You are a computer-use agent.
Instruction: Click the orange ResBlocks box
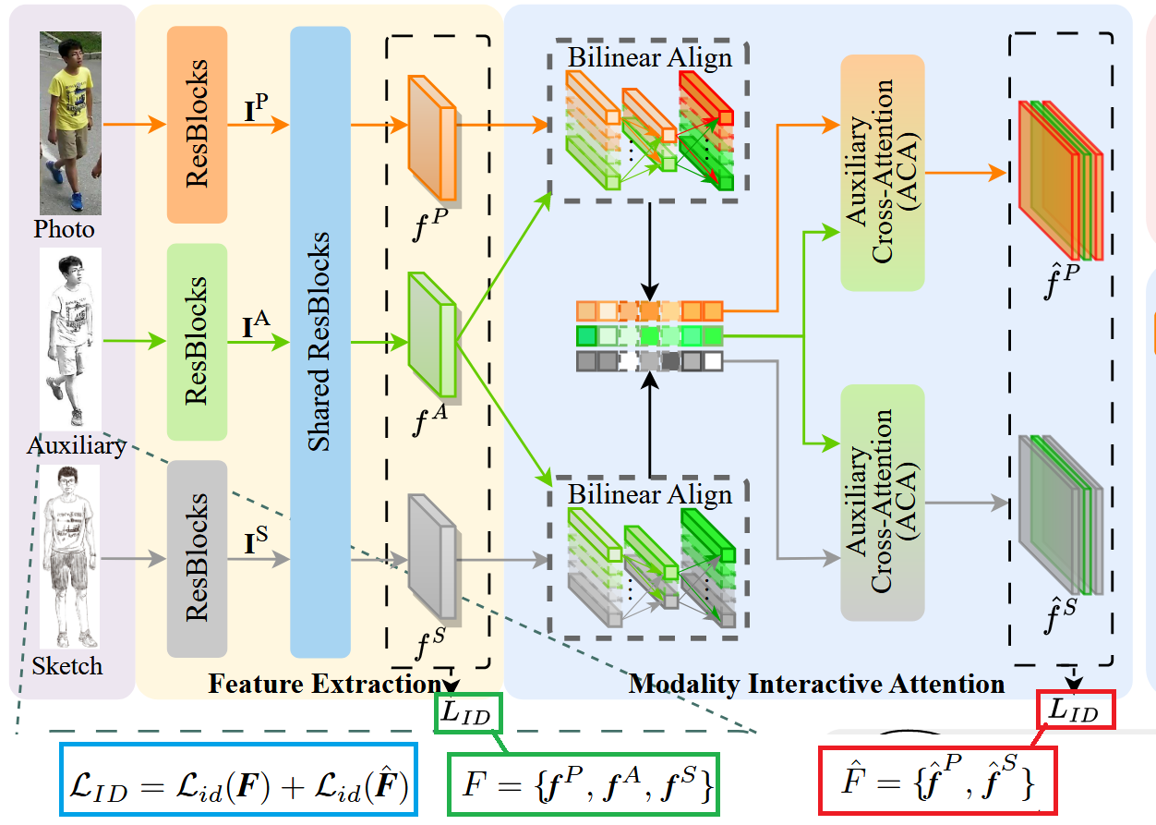click(197, 125)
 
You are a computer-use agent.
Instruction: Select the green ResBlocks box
click(197, 342)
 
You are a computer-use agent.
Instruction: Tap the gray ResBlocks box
click(197, 558)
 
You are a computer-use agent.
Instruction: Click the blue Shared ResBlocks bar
click(319, 342)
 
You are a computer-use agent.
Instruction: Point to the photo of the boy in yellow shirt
click(69, 123)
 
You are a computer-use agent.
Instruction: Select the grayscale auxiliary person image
click(69, 337)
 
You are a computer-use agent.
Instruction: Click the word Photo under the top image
click(65, 229)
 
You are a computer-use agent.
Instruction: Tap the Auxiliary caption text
click(76, 445)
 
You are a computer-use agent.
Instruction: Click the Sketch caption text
click(66, 665)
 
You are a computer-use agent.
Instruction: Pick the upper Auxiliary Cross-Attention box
click(882, 173)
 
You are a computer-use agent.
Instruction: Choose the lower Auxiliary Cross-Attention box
click(882, 503)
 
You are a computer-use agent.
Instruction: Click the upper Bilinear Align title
click(649, 57)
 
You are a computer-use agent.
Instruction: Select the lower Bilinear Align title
click(649, 494)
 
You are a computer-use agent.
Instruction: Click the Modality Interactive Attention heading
click(815, 684)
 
